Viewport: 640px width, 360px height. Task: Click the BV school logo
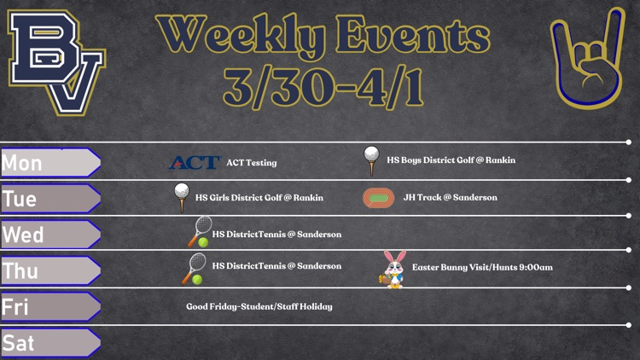point(56,62)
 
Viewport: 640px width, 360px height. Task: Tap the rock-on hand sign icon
point(588,59)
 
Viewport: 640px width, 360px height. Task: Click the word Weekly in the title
point(241,35)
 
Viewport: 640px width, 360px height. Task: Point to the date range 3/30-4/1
point(323,87)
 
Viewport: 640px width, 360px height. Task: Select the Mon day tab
point(50,162)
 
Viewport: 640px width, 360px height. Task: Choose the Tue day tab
point(50,199)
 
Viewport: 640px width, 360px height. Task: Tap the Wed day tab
point(50,235)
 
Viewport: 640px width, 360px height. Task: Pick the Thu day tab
point(50,270)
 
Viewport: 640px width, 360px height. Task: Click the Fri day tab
point(50,306)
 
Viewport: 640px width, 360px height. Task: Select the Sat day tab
point(50,343)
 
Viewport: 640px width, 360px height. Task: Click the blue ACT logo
point(195,162)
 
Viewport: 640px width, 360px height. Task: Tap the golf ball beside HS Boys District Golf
point(371,161)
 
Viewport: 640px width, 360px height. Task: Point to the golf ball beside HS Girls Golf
point(182,198)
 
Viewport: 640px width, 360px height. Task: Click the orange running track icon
point(378,198)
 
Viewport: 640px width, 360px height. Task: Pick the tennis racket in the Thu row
point(194,269)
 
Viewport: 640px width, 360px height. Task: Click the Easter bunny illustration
point(393,270)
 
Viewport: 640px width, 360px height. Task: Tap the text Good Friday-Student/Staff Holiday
point(259,306)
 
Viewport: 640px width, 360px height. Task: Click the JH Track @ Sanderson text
point(451,198)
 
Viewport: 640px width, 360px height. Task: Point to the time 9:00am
point(536,267)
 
